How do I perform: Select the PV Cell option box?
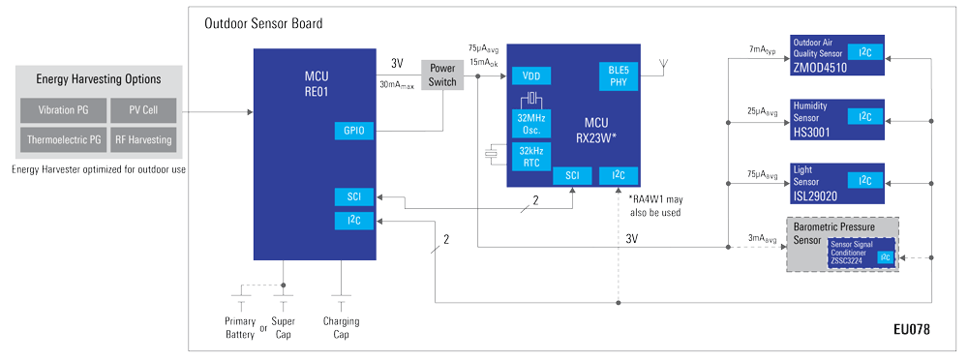click(142, 110)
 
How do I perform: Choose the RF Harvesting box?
click(142, 139)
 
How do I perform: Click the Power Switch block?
click(442, 75)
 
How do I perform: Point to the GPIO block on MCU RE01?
click(352, 130)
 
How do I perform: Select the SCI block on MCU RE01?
click(352, 196)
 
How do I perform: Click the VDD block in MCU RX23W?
click(531, 75)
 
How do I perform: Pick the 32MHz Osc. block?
click(531, 122)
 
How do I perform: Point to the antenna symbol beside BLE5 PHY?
click(663, 67)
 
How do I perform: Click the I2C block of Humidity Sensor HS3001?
click(864, 116)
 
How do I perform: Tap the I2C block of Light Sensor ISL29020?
click(864, 180)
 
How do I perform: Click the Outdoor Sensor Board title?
click(263, 23)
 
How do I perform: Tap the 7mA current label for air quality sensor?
click(763, 48)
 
